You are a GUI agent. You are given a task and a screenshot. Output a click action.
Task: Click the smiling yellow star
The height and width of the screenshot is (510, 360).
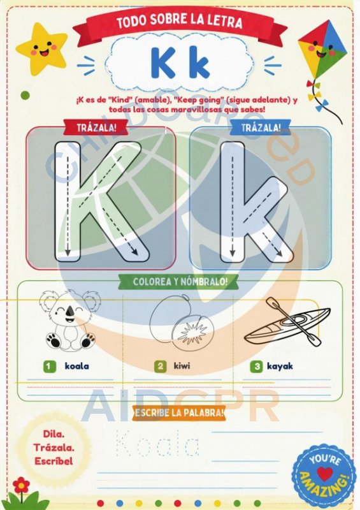click(41, 48)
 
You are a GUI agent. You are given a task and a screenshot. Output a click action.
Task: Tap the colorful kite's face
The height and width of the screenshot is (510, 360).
click(321, 50)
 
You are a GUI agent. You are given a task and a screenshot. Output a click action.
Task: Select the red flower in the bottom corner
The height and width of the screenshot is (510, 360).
click(22, 485)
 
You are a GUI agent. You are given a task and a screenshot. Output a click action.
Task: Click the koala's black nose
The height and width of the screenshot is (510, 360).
click(69, 312)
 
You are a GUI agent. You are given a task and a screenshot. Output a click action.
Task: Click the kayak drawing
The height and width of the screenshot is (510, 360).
click(287, 322)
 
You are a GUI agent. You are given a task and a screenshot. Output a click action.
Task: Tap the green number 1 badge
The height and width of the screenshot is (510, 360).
click(50, 366)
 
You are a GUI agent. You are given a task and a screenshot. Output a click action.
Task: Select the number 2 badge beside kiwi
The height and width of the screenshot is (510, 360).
click(161, 366)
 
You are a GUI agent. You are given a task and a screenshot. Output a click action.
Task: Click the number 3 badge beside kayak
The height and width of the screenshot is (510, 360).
click(257, 367)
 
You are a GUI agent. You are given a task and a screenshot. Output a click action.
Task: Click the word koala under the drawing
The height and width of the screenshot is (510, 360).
click(76, 366)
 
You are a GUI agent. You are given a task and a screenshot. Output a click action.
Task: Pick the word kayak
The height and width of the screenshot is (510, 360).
click(280, 367)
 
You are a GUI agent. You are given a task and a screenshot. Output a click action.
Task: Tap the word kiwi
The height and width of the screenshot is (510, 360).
click(182, 366)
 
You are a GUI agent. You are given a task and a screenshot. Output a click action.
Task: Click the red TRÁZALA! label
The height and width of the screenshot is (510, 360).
click(96, 127)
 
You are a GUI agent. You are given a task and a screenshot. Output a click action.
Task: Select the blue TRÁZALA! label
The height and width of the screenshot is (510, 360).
click(261, 127)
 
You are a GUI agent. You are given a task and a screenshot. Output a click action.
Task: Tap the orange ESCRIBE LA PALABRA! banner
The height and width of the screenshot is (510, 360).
click(179, 412)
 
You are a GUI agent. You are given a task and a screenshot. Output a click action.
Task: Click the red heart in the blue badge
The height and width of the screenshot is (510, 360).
click(325, 474)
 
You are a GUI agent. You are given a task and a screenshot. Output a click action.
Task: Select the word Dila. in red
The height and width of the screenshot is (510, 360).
click(54, 433)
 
